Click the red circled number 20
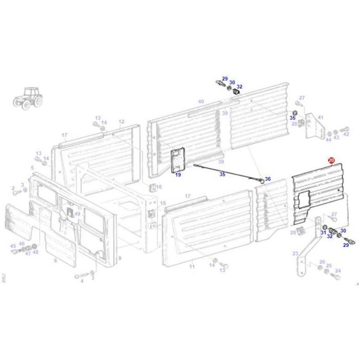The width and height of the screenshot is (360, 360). pos(331,161)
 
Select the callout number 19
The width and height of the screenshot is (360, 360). pos(178,175)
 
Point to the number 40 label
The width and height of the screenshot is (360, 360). pos(201,102)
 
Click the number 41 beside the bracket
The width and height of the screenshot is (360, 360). pos(320,118)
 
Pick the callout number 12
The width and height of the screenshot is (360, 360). pos(121,122)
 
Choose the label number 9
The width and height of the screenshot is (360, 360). pos(119,257)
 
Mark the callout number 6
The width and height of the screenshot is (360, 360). pos(56,261)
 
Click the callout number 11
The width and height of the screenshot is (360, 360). pos(192,267)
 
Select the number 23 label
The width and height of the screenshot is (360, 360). pos(295,254)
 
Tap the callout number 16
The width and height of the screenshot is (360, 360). pos(159,187)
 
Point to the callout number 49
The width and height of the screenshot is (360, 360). pos(77,214)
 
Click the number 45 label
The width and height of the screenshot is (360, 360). pos(13,246)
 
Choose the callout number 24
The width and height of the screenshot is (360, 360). pos(338,271)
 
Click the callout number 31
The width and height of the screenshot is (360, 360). pos(323,232)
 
